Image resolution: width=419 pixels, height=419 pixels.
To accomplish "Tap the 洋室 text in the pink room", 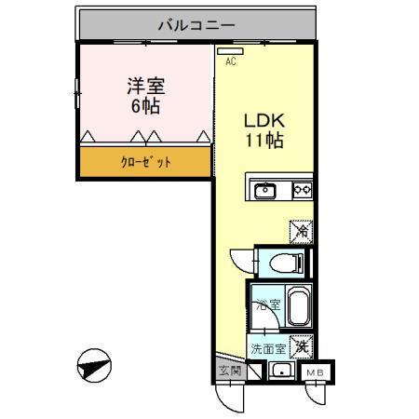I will click(x=145, y=87).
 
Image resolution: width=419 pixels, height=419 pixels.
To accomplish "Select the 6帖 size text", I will click(x=145, y=106).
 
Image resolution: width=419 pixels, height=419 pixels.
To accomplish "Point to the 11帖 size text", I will click(x=264, y=142).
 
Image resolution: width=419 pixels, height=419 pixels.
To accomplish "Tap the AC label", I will click(x=232, y=61).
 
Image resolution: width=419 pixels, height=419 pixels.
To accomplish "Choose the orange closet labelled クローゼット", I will click(x=144, y=162).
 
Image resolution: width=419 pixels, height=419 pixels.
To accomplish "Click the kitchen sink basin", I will click(x=265, y=191).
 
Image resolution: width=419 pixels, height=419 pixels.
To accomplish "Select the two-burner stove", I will click(x=302, y=191).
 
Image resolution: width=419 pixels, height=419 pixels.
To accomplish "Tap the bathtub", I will click(x=297, y=307).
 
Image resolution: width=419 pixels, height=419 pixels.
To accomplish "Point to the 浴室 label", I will click(x=266, y=304).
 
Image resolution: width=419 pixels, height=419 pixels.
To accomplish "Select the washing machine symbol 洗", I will click(x=301, y=346).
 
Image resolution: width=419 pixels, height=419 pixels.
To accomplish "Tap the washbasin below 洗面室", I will click(x=280, y=371).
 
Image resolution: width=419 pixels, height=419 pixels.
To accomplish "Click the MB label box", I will click(x=317, y=372).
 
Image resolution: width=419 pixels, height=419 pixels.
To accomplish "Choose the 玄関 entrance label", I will click(x=230, y=372).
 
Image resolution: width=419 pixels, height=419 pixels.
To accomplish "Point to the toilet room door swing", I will click(x=240, y=261).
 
